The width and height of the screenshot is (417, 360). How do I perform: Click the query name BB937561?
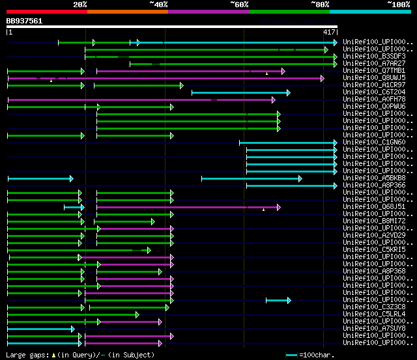pyautogui.click(x=24, y=21)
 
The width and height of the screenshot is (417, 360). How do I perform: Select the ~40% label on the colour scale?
pyautogui.click(x=158, y=4)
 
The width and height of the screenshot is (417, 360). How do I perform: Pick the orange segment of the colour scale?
pyautogui.click(x=127, y=11)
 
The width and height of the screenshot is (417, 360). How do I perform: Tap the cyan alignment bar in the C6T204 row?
pyautogui.click(x=240, y=92)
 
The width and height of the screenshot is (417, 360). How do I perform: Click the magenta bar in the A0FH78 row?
pyautogui.click(x=140, y=100)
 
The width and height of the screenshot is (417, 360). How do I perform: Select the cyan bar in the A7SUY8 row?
pyautogui.click(x=40, y=329)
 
